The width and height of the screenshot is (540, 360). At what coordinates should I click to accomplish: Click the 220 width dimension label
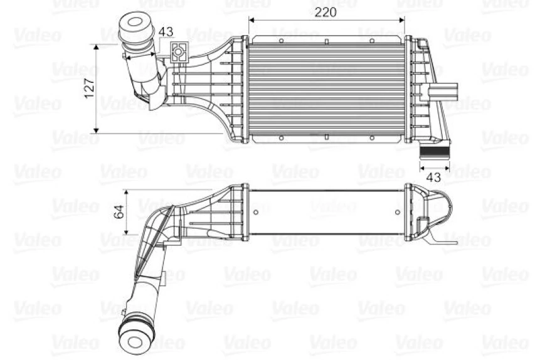click(326, 13)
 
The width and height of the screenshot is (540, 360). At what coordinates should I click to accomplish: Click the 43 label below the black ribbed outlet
click(433, 177)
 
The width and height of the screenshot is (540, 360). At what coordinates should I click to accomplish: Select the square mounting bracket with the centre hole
click(179, 52)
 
